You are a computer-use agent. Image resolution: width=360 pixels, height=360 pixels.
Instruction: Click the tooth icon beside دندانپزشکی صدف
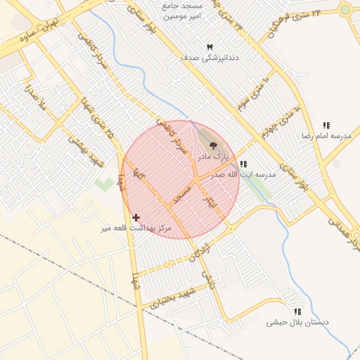[209, 46]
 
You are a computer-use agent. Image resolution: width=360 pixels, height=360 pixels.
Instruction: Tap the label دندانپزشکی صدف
[210, 58]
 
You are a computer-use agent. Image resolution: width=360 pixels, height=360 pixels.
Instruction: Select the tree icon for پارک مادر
[214, 146]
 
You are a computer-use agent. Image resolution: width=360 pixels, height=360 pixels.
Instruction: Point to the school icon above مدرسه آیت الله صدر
[243, 164]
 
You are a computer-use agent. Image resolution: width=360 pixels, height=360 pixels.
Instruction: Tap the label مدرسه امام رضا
[326, 134]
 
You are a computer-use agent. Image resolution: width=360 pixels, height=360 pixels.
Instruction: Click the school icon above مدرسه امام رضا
[326, 124]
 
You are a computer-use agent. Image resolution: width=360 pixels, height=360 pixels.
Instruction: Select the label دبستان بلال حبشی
[297, 322]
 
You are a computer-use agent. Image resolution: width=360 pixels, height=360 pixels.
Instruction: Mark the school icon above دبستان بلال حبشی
[297, 311]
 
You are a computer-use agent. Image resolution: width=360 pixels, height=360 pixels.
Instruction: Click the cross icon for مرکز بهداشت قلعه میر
[136, 218]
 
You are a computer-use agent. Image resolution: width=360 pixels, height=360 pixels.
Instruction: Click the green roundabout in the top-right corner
[345, 10]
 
